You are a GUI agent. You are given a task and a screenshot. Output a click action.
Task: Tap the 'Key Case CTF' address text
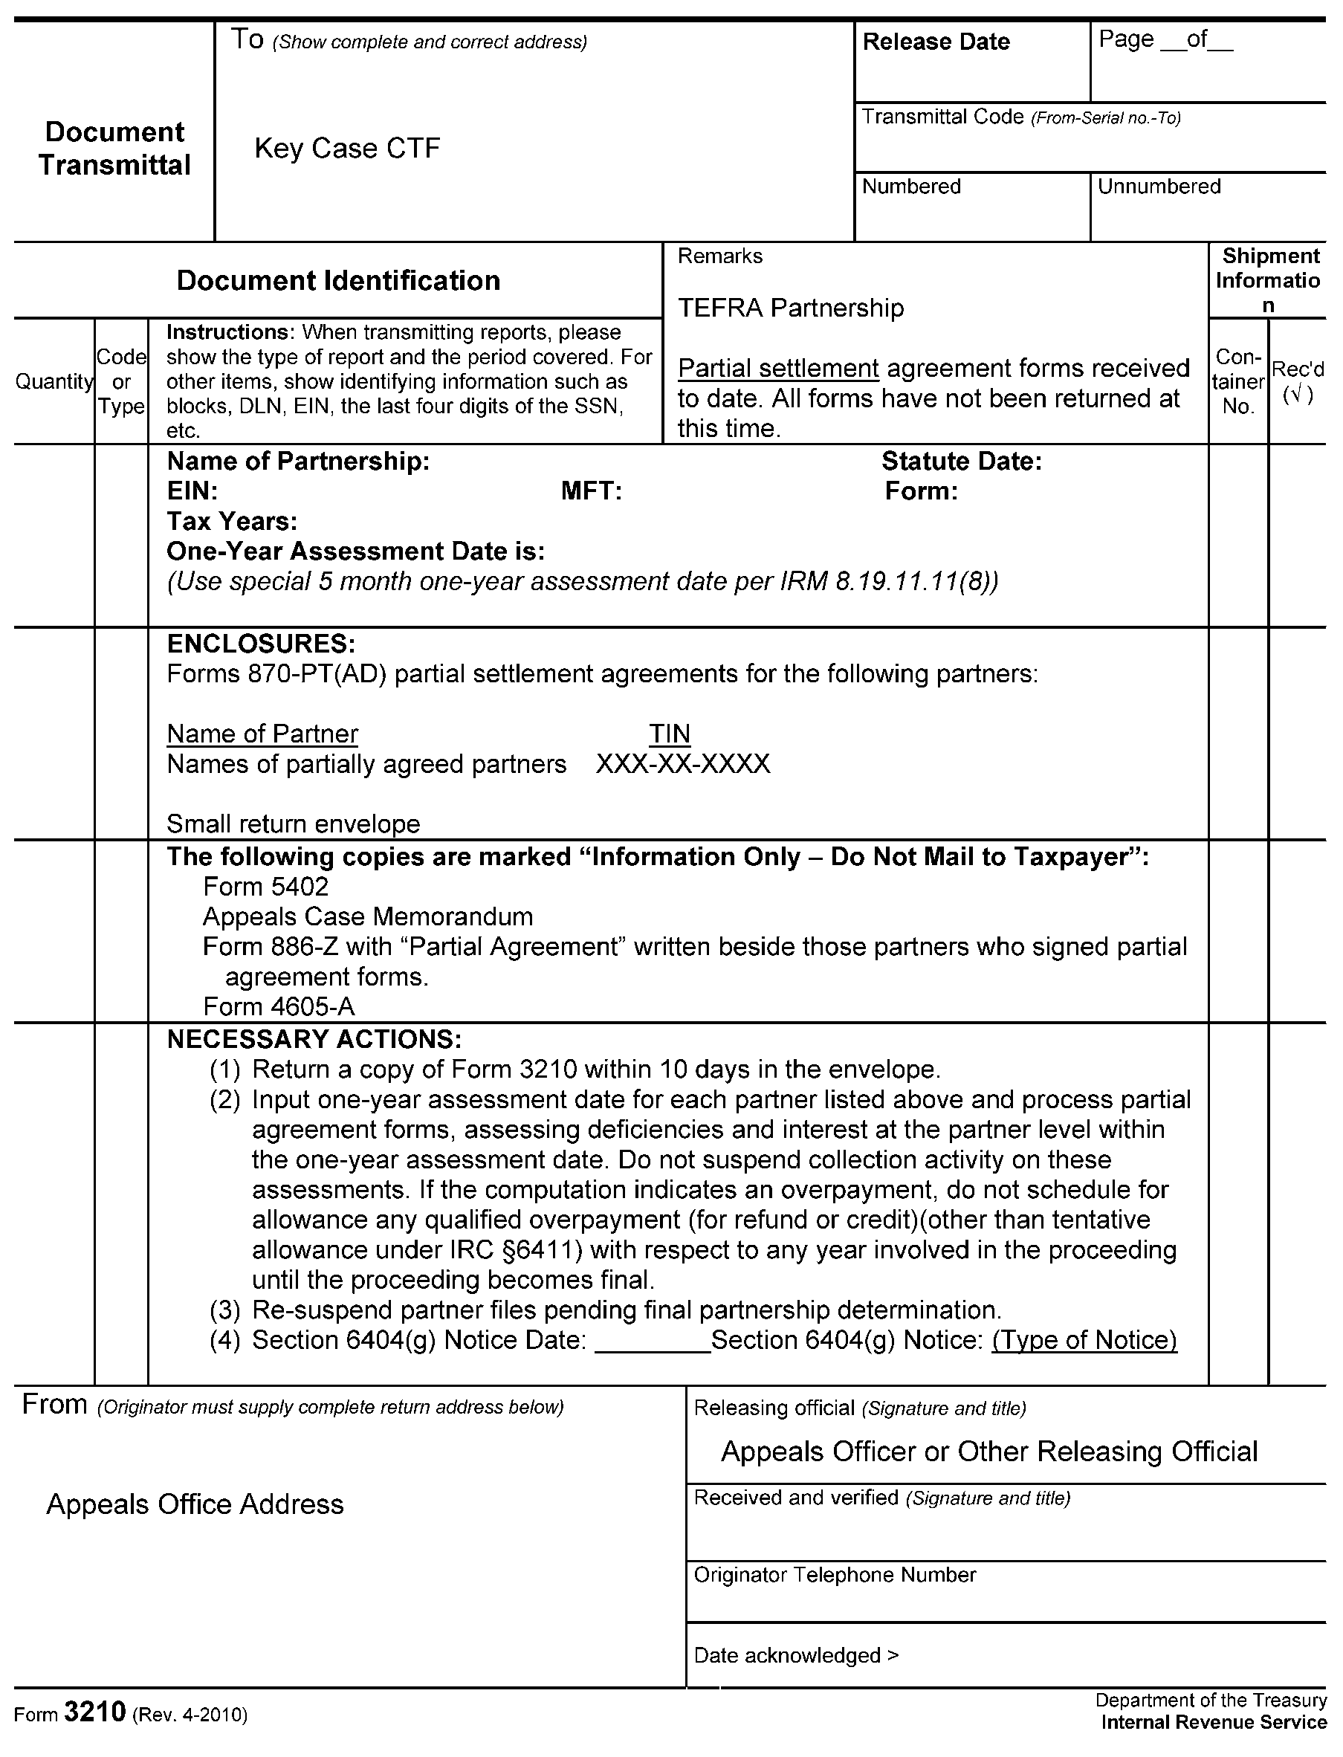347,148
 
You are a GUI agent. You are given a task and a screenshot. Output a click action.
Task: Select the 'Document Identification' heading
338,281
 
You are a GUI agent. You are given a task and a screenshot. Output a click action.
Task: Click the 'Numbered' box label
910,187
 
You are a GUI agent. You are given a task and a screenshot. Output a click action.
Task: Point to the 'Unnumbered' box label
1159,187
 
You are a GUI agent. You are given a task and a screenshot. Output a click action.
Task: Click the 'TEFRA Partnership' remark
791,308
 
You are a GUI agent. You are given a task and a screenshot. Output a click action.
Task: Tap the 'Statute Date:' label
961,462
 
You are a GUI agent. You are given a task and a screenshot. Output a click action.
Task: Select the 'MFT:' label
591,491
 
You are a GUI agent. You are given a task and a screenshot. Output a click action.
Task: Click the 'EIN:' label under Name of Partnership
192,491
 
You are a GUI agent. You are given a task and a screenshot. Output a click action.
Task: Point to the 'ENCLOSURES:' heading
261,644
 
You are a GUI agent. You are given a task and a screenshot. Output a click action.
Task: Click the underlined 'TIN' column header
669,734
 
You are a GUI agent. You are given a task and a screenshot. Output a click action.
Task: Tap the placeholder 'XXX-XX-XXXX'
683,764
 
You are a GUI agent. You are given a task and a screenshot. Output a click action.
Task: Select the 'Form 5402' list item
265,887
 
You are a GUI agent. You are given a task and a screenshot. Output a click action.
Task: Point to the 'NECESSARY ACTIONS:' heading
314,1039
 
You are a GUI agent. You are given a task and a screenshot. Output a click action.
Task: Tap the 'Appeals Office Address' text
195,1504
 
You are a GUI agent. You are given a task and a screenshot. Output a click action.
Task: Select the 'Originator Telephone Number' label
835,1575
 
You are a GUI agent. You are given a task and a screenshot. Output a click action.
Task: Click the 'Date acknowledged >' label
796,1654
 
